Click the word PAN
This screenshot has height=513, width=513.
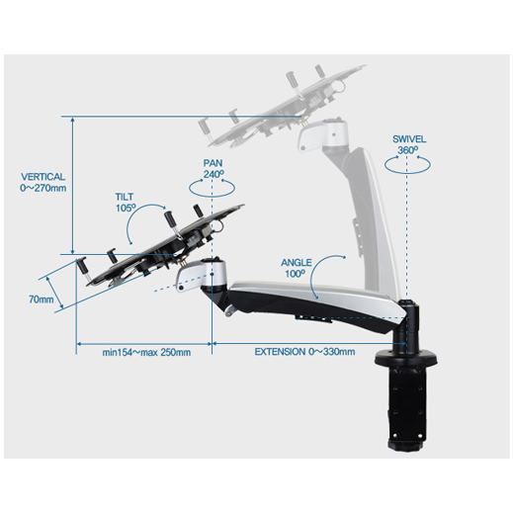coord(214,162)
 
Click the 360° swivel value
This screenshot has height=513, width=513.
coord(408,150)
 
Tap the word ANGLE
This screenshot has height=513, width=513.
coord(296,262)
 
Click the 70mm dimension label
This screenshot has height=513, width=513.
coord(41,299)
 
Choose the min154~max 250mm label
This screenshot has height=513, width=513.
coord(146,351)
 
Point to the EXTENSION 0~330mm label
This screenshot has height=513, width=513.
coord(304,351)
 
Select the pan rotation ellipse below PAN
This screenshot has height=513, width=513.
coord(214,190)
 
